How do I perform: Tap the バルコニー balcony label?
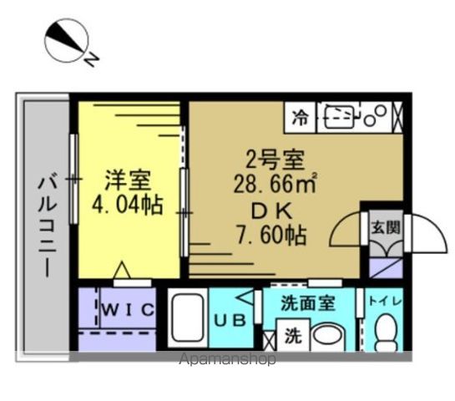tap(48, 225)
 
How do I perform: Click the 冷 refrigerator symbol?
tap(300, 118)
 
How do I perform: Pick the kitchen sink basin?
tap(338, 116)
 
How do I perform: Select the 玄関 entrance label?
tap(385, 226)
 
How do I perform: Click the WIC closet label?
tap(128, 311)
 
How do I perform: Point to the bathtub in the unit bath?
tap(188, 319)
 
